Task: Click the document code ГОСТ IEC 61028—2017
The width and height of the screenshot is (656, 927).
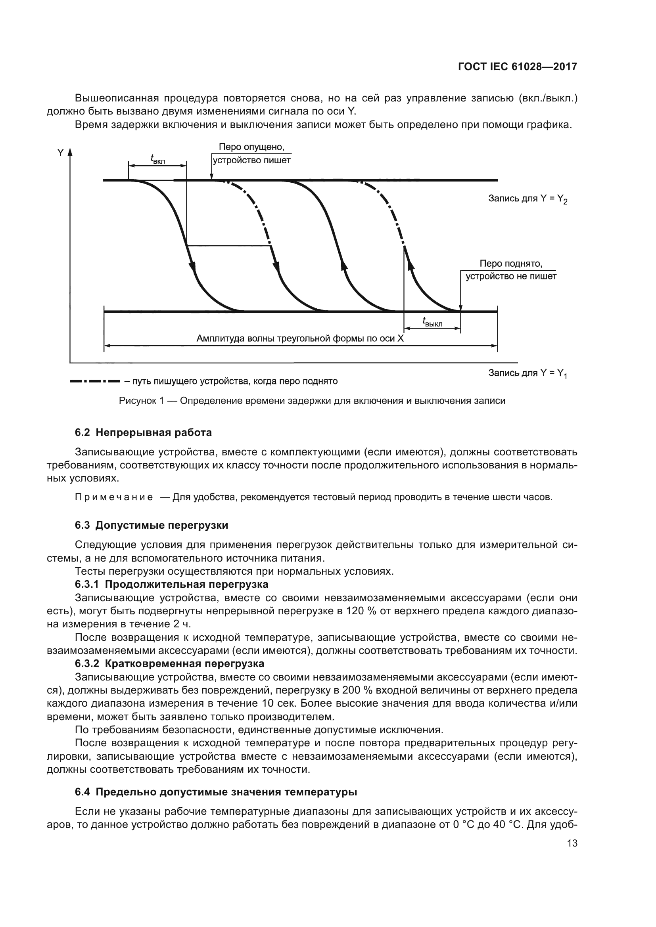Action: click(518, 67)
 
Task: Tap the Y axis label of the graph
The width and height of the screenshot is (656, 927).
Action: click(61, 153)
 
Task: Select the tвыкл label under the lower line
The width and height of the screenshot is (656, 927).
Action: click(432, 322)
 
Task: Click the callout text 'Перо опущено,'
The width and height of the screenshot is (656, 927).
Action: click(251, 147)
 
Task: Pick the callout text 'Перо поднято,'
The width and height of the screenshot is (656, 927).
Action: click(510, 264)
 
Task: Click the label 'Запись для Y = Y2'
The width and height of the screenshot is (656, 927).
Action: click(527, 199)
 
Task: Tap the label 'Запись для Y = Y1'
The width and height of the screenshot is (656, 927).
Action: click(527, 373)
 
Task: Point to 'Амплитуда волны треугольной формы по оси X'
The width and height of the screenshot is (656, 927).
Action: click(300, 338)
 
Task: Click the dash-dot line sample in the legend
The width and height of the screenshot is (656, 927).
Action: click(95, 381)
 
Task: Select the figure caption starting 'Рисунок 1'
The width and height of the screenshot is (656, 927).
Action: click(312, 401)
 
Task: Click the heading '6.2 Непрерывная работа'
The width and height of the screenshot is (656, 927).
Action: click(144, 433)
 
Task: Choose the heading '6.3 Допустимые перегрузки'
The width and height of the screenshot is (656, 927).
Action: click(152, 525)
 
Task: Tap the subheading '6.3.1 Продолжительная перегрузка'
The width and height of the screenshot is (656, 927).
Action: click(172, 584)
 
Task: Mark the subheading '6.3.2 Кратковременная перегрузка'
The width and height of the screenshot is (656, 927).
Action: click(170, 663)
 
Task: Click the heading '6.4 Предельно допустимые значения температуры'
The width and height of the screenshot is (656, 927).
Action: click(216, 792)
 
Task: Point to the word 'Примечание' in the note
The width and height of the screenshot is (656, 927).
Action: click(114, 497)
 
